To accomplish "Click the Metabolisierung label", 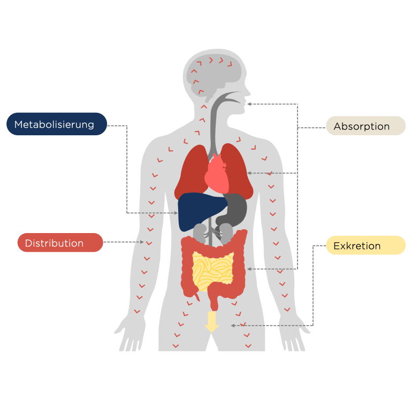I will coord(56,124).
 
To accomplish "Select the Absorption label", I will coord(366,126).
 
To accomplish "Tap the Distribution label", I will coord(59,243).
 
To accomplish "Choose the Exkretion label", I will coord(366,245).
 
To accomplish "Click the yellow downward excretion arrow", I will coord(212,321).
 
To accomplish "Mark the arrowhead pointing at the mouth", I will coord(249,104).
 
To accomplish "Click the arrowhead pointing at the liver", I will coord(176,213).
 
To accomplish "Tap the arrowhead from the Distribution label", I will coord(142,242).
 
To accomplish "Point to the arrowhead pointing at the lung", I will coord(249,173).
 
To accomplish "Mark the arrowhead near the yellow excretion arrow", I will coord(233,325).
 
